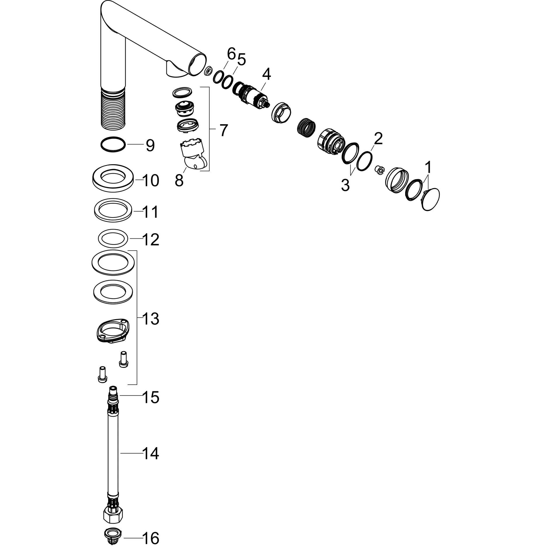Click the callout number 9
[x=150, y=146]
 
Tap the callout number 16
[x=151, y=538]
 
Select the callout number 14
[x=151, y=461]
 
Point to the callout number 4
[x=266, y=75]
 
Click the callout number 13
[x=151, y=319]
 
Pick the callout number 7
[x=223, y=130]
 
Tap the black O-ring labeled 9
[x=113, y=144]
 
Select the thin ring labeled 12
[x=113, y=239]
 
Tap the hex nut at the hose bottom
[x=113, y=515]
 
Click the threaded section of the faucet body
[x=113, y=109]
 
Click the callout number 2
[x=378, y=139]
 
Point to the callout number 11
[x=150, y=212]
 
